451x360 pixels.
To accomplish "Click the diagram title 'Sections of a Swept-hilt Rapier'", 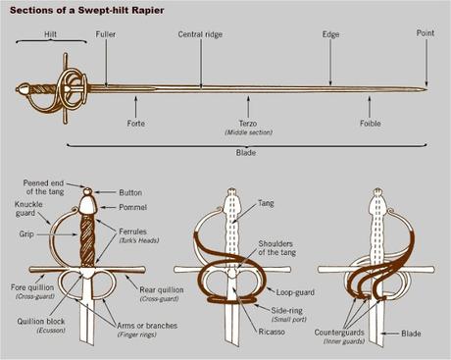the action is [x=87, y=10].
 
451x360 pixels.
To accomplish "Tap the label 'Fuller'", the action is [x=106, y=34].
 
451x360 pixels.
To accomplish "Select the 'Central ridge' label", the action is [x=200, y=34].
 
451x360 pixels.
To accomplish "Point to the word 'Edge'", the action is [x=330, y=34].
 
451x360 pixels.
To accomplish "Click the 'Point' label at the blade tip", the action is [x=426, y=33].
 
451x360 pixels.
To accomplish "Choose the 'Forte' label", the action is [x=136, y=124].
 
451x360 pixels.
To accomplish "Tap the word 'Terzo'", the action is [x=248, y=124].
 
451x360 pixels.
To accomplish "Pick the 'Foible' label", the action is [x=371, y=124].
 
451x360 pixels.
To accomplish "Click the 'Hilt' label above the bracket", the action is [x=50, y=34].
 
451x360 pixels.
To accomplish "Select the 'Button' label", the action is [x=130, y=192].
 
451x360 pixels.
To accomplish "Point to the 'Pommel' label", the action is [x=132, y=207].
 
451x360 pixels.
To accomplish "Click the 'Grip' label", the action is [x=26, y=234].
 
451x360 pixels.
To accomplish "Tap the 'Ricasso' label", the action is [x=272, y=332].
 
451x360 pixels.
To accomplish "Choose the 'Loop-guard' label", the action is [x=295, y=292].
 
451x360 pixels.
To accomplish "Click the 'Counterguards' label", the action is [x=339, y=333].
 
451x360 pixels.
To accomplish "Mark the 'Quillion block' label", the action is [x=41, y=322].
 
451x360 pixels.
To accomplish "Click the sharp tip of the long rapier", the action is [x=427, y=89].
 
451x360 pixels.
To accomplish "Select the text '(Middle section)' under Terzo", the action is [x=248, y=132].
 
